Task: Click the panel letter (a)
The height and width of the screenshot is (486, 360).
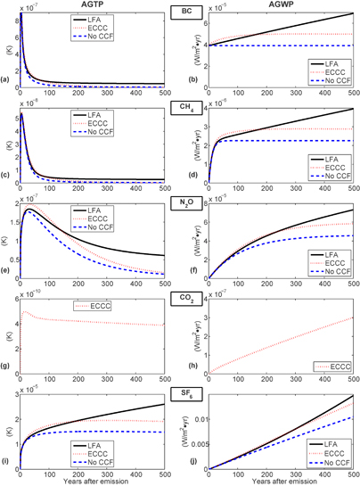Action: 7,86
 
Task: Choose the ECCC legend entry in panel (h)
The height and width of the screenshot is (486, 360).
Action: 330,367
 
